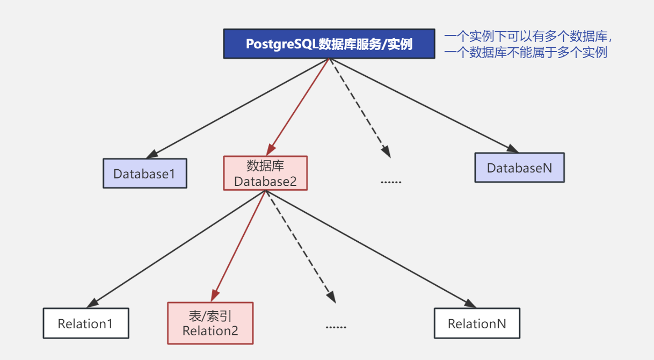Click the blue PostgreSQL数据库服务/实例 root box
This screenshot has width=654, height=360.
tap(329, 44)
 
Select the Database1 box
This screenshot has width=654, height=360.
tap(144, 174)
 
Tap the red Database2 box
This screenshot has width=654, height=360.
tap(265, 174)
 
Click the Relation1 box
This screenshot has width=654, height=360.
tap(85, 323)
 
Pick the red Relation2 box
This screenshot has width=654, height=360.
tap(210, 323)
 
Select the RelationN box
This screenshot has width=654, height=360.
tap(477, 323)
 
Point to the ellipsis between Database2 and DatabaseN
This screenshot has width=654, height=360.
tap(391, 182)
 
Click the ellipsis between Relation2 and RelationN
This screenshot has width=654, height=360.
tap(336, 326)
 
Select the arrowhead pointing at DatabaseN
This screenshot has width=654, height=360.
tap(512, 150)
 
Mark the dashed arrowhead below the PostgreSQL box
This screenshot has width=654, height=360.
tap(385, 152)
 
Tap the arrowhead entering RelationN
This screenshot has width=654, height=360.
tap(471, 304)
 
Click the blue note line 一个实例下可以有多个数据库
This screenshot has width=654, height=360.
tap(528, 37)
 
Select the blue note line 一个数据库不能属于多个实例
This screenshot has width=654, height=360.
tap(525, 52)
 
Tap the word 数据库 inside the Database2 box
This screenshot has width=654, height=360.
tap(265, 165)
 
